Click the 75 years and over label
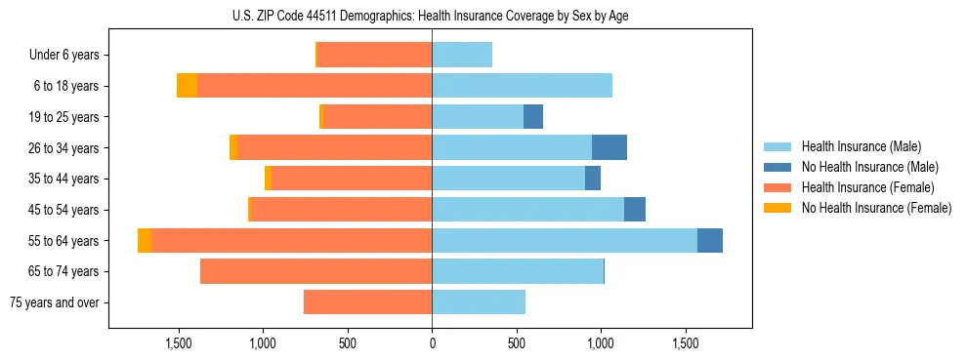pos(54,302)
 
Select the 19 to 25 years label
pos(65,117)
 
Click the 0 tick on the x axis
pos(432,343)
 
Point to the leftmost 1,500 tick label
pos(179,343)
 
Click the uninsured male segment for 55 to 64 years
pos(710,241)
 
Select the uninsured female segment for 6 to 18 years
pos(187,86)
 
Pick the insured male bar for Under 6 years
pos(462,56)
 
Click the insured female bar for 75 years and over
pos(368,302)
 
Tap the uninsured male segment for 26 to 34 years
pos(610,148)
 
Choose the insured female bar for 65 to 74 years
pos(316,271)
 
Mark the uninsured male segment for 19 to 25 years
pos(533,117)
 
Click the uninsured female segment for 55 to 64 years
pos(145,241)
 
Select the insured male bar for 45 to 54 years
pos(527,210)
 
